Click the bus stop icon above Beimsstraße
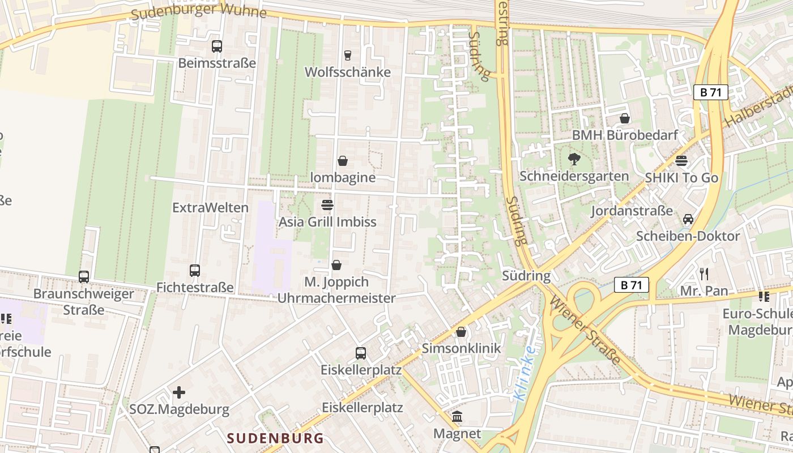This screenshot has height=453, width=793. coord(216,46)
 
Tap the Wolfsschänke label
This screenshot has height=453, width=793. coord(348,72)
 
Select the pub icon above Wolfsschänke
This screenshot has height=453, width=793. coord(348,55)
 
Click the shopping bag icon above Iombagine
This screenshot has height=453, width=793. coord(343,161)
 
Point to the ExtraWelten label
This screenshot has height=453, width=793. coord(210,207)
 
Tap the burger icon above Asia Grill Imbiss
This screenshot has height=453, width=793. coord(327,204)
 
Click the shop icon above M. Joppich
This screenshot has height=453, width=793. coord(336,265)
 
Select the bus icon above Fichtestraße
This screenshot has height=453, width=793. coord(195,271)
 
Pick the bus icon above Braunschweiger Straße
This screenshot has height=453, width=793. coord(84,277)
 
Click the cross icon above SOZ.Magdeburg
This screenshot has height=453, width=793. coord(179,392)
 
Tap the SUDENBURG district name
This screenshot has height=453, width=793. coord(276,438)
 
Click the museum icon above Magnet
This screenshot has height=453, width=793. coord(457,417)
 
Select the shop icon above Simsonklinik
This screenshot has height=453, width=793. coord(461,332)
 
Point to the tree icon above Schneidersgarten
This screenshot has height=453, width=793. coord(574,159)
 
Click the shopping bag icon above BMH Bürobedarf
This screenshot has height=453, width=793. coord(625,118)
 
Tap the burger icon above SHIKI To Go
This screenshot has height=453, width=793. coord(681,161)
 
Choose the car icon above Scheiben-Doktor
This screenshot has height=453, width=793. coord(688,219)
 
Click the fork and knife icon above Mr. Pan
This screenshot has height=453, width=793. coord(704,274)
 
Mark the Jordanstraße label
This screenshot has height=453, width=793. coord(632,211)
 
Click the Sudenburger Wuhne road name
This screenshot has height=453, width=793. coord(198,11)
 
